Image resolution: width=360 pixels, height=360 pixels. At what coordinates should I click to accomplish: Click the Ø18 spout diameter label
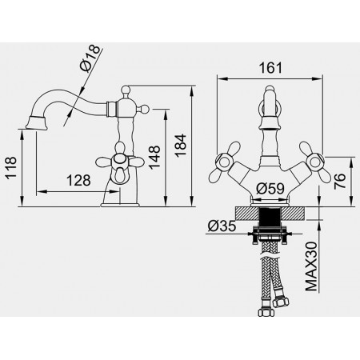(x=90, y=58)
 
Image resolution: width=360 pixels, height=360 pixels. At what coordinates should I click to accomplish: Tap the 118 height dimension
(x=11, y=167)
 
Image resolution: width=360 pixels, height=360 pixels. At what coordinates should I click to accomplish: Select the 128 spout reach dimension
(x=78, y=181)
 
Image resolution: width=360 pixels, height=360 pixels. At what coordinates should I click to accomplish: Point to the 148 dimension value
(x=154, y=158)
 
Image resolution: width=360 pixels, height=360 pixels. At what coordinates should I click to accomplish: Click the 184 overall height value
(x=180, y=146)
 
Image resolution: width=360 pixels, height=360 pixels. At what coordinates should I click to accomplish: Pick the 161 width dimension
(x=270, y=68)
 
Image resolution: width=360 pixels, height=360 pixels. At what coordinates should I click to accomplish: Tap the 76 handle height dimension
(x=340, y=182)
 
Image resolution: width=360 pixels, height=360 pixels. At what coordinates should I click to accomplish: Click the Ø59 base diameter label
(x=270, y=189)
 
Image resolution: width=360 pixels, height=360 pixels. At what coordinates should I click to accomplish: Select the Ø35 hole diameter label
(x=222, y=226)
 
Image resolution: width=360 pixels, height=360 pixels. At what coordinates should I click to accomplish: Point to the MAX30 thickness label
(x=311, y=266)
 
